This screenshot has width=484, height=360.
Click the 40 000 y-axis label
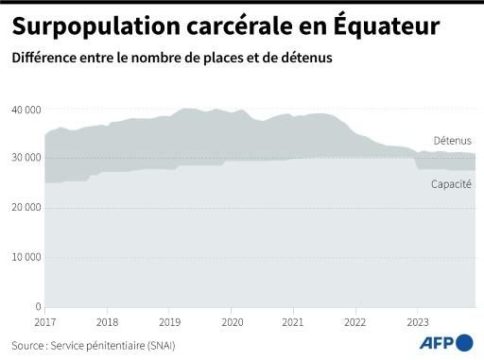tap(26, 110)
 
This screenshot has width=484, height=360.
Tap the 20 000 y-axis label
tap(26, 207)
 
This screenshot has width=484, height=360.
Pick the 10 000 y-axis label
tap(26, 257)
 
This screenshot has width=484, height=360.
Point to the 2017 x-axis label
tap(44, 322)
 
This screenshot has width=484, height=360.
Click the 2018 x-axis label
tap(107, 322)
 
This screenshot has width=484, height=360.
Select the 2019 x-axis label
tap(169, 322)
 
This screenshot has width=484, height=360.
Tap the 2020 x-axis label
tap(231, 322)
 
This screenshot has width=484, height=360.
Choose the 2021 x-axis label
tap(293, 322)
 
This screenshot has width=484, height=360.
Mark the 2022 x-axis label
tap(355, 322)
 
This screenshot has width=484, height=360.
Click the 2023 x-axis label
tap(417, 322)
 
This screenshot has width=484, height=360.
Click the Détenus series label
tap(453, 141)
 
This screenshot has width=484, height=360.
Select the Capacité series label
tap(451, 183)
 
